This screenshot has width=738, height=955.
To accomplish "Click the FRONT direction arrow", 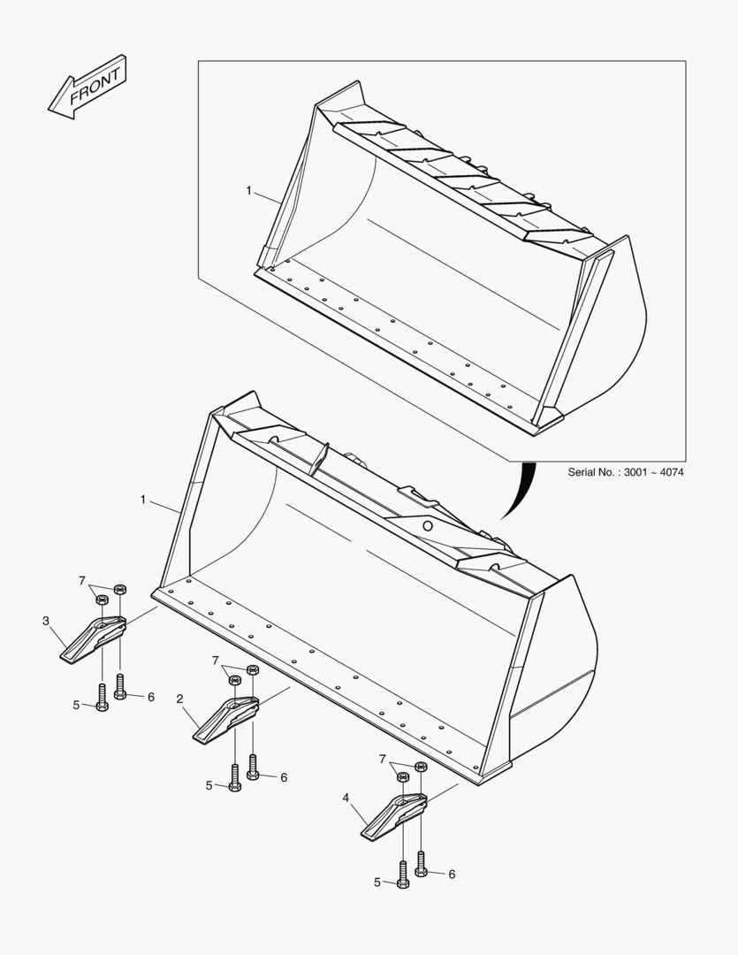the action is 87,87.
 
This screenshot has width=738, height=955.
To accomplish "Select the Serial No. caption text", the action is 626,472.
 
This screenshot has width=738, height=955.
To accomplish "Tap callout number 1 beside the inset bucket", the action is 248,191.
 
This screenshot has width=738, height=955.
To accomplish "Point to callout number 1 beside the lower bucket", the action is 143,500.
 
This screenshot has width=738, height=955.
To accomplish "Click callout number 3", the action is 46,621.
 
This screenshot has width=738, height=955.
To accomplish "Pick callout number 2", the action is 179,699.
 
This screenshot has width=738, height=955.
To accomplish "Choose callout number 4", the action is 346,798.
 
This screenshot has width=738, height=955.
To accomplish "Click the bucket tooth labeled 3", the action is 93,639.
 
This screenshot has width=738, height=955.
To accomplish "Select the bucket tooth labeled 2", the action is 225,719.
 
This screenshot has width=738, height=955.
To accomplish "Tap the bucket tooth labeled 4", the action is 394,817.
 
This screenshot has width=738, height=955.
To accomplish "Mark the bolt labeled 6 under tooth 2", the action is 253,767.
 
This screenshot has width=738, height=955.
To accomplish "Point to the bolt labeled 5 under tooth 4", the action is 402,875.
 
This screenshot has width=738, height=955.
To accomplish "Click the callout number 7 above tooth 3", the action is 81,581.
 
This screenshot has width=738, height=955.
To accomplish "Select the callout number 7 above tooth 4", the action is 383,759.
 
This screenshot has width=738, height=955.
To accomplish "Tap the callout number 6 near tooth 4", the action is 452,874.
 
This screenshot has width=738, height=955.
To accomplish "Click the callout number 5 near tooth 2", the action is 209,786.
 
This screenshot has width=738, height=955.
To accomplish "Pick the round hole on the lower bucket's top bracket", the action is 428,525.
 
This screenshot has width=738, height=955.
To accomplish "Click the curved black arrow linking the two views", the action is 521,491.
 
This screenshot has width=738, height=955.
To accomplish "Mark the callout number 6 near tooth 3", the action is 151,697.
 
